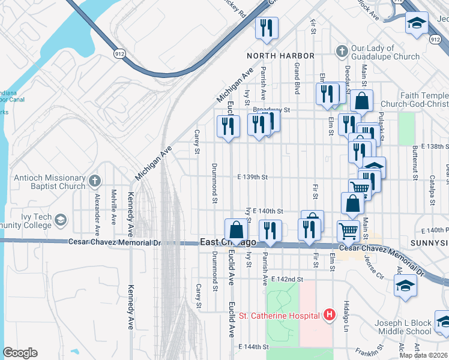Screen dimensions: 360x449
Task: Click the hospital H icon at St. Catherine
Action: pyautogui.click(x=329, y=314)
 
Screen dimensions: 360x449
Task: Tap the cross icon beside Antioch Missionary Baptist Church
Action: pyautogui.click(x=94, y=181)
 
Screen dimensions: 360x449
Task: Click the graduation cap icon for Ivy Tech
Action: pyautogui.click(x=60, y=221)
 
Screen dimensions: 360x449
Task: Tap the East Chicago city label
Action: pyautogui.click(x=228, y=242)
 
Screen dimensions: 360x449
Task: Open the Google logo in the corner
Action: pyautogui.click(x=20, y=353)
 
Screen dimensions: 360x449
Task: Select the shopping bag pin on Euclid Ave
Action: pyautogui.click(x=236, y=229)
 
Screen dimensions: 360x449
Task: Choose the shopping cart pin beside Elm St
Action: pyautogui.click(x=348, y=230)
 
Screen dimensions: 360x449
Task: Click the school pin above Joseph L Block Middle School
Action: pyautogui.click(x=406, y=284)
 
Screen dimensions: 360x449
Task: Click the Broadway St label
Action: pyautogui.click(x=271, y=110)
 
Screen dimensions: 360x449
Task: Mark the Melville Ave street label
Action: pyautogui.click(x=113, y=207)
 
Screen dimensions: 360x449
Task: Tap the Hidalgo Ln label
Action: pyautogui.click(x=346, y=316)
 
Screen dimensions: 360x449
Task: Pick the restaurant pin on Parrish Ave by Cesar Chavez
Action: pyautogui.click(x=270, y=231)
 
